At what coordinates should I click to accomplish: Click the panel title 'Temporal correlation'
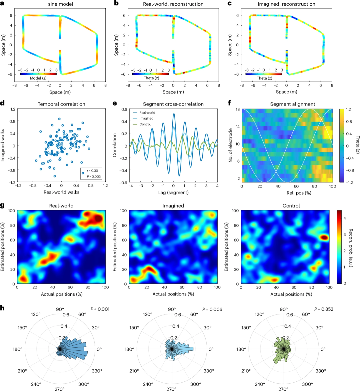(x=61, y=104)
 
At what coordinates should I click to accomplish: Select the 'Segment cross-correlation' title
(x=173, y=104)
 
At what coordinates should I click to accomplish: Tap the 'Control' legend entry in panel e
(x=145, y=124)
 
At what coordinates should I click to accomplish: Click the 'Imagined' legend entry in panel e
(x=146, y=118)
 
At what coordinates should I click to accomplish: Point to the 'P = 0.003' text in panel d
(x=94, y=177)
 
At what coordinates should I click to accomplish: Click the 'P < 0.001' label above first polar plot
(x=100, y=309)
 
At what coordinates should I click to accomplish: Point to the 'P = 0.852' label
(x=324, y=309)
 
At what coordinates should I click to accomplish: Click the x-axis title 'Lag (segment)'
(x=173, y=193)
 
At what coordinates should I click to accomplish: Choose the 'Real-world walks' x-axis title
(x=61, y=193)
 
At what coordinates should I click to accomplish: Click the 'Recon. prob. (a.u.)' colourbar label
(x=351, y=248)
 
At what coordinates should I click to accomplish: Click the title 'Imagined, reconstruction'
(x=286, y=4)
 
